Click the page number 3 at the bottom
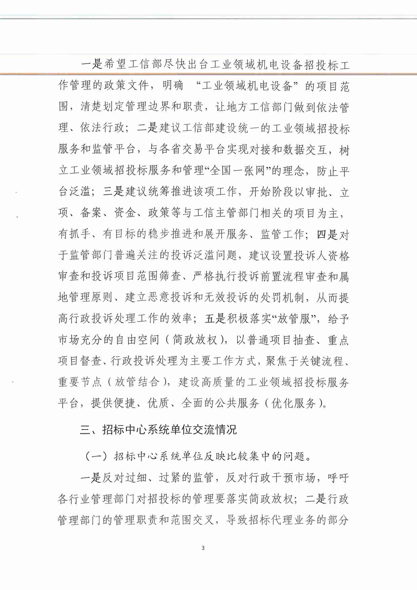coord(203,548)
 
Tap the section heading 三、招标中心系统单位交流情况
coord(158,430)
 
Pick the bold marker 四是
coord(327,234)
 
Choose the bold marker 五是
coord(215,319)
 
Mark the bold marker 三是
coord(114,192)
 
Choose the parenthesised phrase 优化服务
coord(294,403)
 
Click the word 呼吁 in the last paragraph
coord(338,478)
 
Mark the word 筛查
coord(170,276)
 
